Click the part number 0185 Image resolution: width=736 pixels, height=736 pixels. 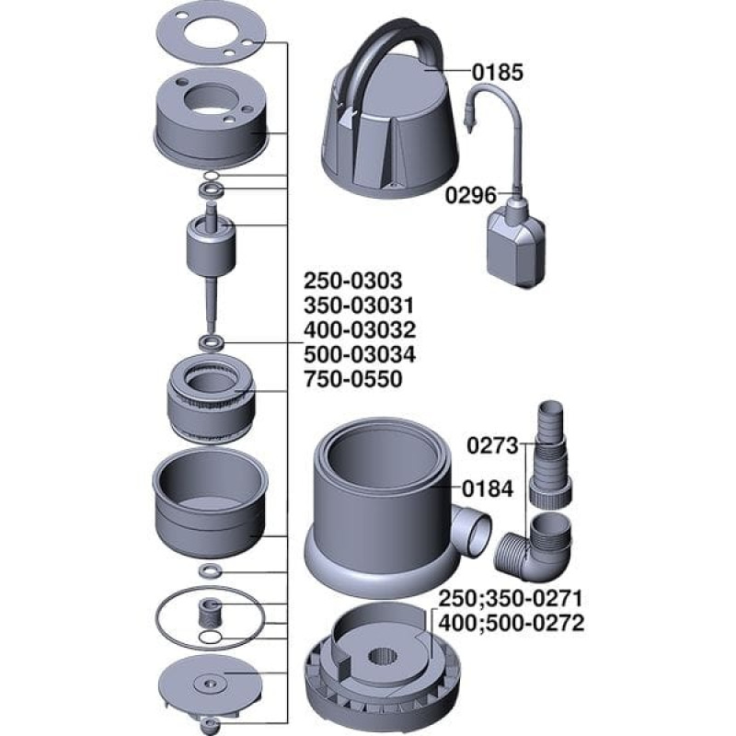[497, 73]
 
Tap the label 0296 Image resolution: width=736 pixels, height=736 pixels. [470, 195]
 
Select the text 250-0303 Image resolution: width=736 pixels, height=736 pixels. [353, 281]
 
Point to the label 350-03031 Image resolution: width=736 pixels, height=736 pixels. [359, 305]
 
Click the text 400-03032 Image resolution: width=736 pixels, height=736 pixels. [360, 330]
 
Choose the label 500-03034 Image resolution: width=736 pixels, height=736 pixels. [360, 354]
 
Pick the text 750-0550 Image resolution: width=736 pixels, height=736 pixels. [353, 379]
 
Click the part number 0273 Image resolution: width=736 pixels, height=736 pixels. [492, 446]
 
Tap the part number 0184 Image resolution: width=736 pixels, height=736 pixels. [489, 489]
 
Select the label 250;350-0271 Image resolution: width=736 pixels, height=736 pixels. [511, 599]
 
